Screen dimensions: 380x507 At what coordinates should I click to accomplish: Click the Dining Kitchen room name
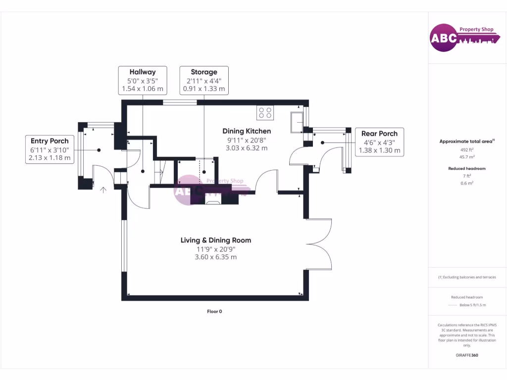[x=247, y=131]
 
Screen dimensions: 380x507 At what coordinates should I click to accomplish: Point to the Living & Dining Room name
[x=216, y=240]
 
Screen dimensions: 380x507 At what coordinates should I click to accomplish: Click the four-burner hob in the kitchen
[x=264, y=113]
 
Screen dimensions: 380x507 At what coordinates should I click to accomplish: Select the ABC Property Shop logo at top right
[x=463, y=38]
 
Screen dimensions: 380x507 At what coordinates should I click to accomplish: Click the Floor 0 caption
[x=215, y=311]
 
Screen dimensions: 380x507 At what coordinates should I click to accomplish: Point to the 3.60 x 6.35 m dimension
[x=216, y=257]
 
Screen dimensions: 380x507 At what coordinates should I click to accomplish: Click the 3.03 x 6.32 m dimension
[x=247, y=147]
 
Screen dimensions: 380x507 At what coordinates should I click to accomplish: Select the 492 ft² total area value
[x=467, y=149]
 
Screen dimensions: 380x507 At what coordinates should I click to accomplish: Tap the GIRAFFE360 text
[x=467, y=355]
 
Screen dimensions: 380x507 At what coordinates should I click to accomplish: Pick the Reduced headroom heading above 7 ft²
[x=467, y=168]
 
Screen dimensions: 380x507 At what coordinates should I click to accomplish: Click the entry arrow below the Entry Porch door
[x=103, y=190]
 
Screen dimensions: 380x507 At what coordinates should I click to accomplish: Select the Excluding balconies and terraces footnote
[x=467, y=277]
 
